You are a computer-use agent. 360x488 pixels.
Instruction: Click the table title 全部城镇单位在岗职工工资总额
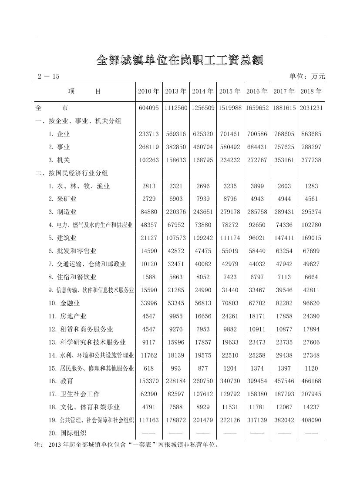180,60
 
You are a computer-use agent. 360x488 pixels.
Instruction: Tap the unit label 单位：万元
307,77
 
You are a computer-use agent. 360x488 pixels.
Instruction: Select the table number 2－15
48,77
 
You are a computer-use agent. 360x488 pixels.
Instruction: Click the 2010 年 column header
148,91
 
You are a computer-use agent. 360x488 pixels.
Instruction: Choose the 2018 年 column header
311,91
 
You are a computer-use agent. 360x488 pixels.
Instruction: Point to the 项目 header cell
85,91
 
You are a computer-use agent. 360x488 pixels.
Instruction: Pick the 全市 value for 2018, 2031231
311,108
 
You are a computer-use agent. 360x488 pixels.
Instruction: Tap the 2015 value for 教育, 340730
230,381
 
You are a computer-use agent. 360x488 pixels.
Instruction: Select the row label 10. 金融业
64,303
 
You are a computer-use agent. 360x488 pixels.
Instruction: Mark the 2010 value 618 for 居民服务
148,368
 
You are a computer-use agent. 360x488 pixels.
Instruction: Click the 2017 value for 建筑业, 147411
284,238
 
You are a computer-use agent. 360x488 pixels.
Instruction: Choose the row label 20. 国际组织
67,433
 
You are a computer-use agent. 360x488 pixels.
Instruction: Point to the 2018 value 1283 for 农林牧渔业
311,186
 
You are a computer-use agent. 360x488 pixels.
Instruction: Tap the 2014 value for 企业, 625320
203,134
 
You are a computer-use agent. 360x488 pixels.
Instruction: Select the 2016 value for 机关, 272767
257,160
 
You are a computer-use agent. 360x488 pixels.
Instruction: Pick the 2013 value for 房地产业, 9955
175,316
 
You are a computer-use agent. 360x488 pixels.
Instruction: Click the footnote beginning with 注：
126,445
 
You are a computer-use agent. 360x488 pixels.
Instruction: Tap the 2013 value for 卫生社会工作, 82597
175,394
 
